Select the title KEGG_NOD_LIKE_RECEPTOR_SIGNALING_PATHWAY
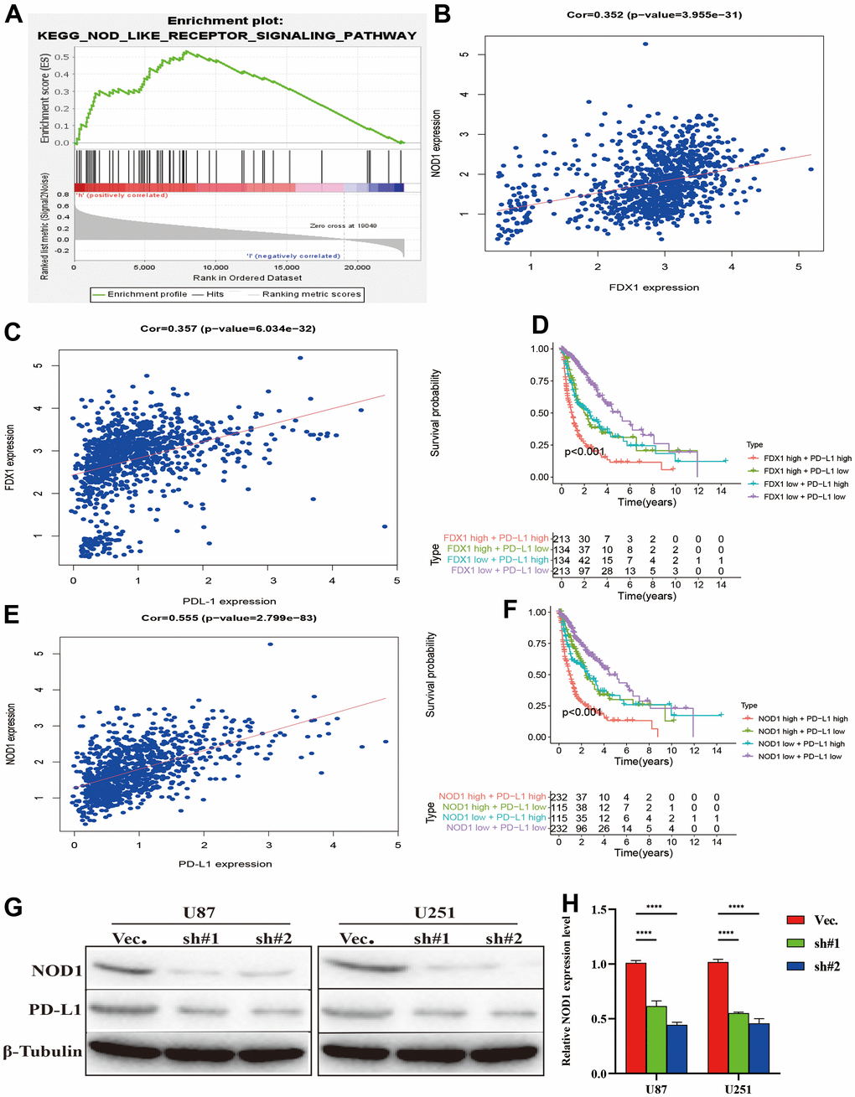tap(226, 35)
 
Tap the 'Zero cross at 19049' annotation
tap(343, 225)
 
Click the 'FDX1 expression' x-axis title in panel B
tap(654, 287)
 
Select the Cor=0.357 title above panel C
tap(228, 329)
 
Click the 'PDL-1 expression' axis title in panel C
tap(229, 601)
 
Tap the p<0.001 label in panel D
tap(584, 452)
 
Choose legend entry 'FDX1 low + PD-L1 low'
tap(804, 497)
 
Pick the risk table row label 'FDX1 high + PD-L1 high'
tap(496, 538)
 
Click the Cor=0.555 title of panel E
tap(228, 618)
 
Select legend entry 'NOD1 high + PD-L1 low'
tap(801, 732)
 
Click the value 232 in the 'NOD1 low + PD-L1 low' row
tap(559, 828)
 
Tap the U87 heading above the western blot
tap(199, 913)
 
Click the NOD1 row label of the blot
tap(56, 970)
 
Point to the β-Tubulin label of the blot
tap(43, 1051)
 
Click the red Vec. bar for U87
tap(635, 1018)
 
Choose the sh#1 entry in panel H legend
tap(826, 944)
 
